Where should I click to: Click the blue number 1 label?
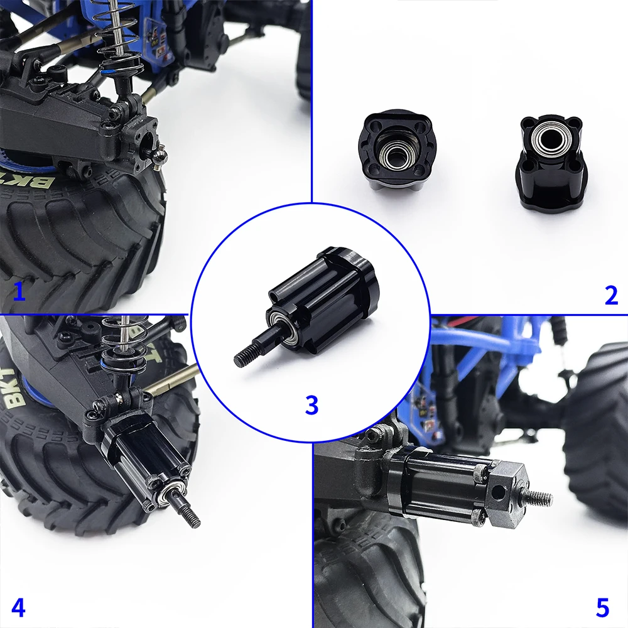tap(19, 291)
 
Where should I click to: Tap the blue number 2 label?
tap(610, 295)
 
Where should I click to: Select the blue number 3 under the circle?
tap(311, 405)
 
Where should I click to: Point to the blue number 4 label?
tap(18, 608)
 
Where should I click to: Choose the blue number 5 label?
tap(602, 608)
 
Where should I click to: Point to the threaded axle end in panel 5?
tap(540, 498)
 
